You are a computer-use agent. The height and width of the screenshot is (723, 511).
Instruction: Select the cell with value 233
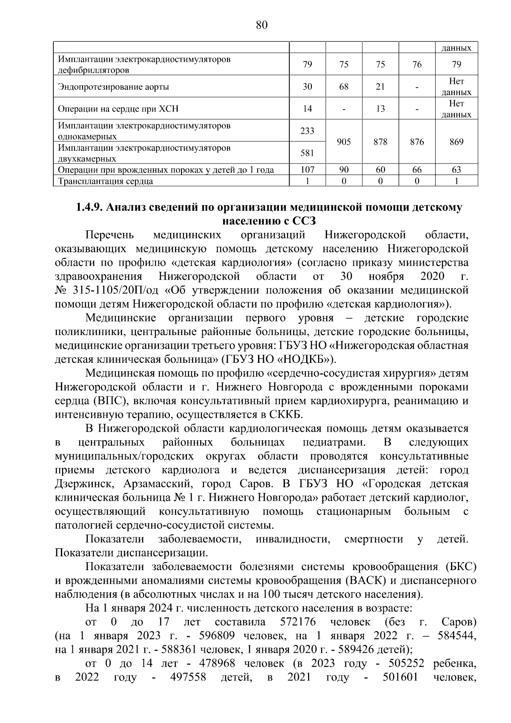pos(307,131)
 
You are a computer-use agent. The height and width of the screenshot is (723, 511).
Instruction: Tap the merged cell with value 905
pos(344,142)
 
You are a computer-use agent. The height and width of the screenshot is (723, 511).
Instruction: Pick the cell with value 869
pos(456,142)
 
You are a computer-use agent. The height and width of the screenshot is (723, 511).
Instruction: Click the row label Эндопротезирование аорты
pos(113,87)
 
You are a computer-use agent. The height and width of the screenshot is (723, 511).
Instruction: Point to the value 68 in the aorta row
pos(344,87)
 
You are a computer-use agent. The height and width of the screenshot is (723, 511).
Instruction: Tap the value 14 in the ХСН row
pos(307,109)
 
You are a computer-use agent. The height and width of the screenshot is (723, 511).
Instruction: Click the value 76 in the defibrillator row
pos(417,65)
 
